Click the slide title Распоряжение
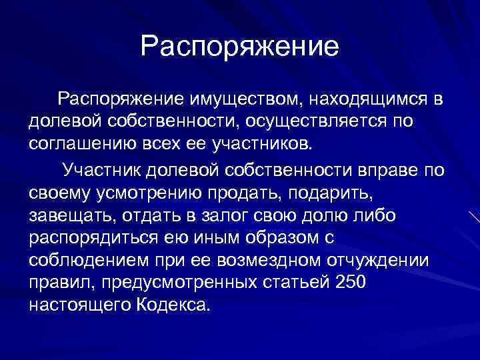pyautogui.click(x=240, y=46)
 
